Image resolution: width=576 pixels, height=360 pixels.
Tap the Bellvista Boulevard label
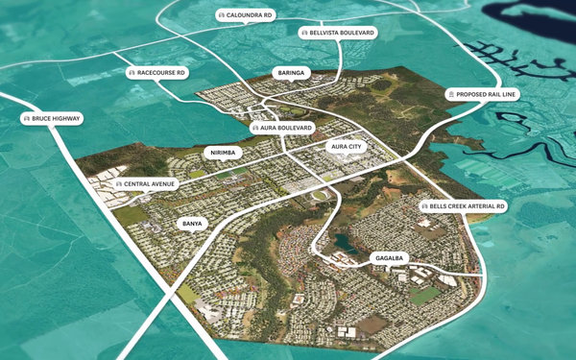coord(338,32)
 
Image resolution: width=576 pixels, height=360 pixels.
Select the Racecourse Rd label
coord(157,72)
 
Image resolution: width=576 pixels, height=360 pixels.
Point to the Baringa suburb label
coord(290,72)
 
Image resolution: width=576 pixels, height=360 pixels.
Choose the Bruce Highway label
coord(52,119)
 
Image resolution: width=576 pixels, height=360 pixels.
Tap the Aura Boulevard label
coord(283,128)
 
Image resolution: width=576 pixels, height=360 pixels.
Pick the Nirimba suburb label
coord(222,152)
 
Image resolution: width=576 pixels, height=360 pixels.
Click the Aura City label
coord(345,147)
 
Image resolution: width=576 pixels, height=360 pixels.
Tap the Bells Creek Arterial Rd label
coord(463,206)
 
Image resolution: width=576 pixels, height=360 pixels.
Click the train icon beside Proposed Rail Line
coord(450,94)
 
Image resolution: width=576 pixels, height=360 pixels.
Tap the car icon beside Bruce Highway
coord(26,119)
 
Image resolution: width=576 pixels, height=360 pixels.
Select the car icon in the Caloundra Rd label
coord(222,15)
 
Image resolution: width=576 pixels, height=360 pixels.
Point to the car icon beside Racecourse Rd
coord(132,72)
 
